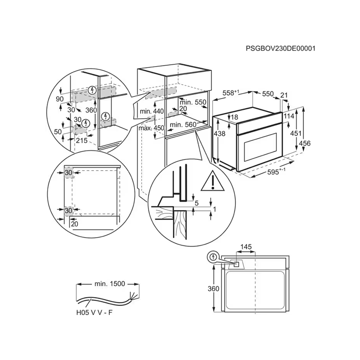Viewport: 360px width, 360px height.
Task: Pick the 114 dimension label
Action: click(290, 116)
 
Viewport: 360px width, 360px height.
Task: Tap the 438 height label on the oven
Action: click(220, 134)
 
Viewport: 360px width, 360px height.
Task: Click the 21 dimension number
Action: click(284, 94)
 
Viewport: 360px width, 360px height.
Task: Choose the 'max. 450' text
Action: click(152, 128)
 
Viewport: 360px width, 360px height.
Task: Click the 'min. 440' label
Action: click(152, 111)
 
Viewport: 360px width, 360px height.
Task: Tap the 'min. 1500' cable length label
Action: click(109, 284)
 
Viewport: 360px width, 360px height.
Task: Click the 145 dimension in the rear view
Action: click(246, 247)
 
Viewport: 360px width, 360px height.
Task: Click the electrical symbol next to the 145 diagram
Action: click(213, 258)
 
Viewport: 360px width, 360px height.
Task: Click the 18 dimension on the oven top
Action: click(235, 117)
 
